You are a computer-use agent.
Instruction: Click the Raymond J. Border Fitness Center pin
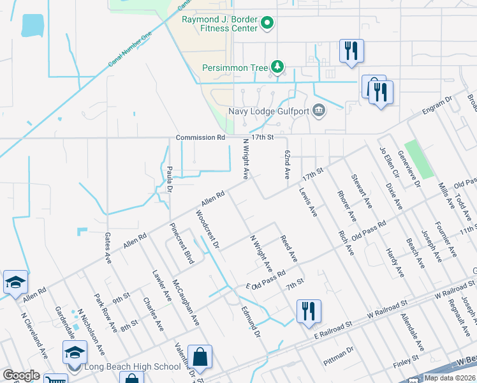(268, 24)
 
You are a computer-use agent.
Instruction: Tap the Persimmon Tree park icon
(277, 66)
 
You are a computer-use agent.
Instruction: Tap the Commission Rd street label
(201, 137)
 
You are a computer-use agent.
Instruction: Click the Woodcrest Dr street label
(208, 232)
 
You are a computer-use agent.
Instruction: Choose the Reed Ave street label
(289, 248)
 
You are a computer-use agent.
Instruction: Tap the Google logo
(21, 375)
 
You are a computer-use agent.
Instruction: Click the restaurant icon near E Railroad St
(308, 312)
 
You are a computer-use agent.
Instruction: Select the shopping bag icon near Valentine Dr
(200, 357)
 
